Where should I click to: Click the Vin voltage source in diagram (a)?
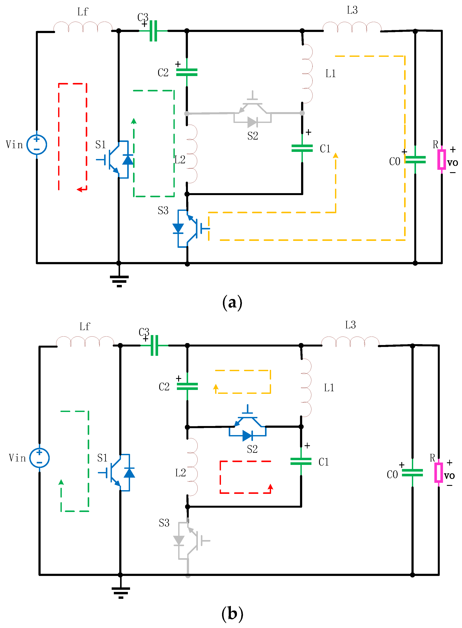[37, 144]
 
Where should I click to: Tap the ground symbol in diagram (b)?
[121, 592]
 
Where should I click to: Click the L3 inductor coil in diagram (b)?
[350, 342]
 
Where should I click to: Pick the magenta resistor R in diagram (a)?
[441, 159]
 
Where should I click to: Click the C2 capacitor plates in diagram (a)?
[187, 72]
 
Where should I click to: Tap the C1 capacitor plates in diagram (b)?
[301, 461]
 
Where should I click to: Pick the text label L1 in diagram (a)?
[330, 74]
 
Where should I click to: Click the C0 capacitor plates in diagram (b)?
[412, 472]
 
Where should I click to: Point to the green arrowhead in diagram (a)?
[134, 121]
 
